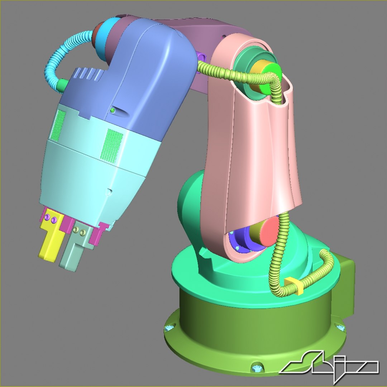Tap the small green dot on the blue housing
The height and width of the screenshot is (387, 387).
point(113,111)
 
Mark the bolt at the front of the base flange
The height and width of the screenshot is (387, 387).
point(257,367)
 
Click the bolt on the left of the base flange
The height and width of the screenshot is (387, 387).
point(169,328)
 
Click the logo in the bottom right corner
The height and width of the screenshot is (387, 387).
point(330,366)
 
